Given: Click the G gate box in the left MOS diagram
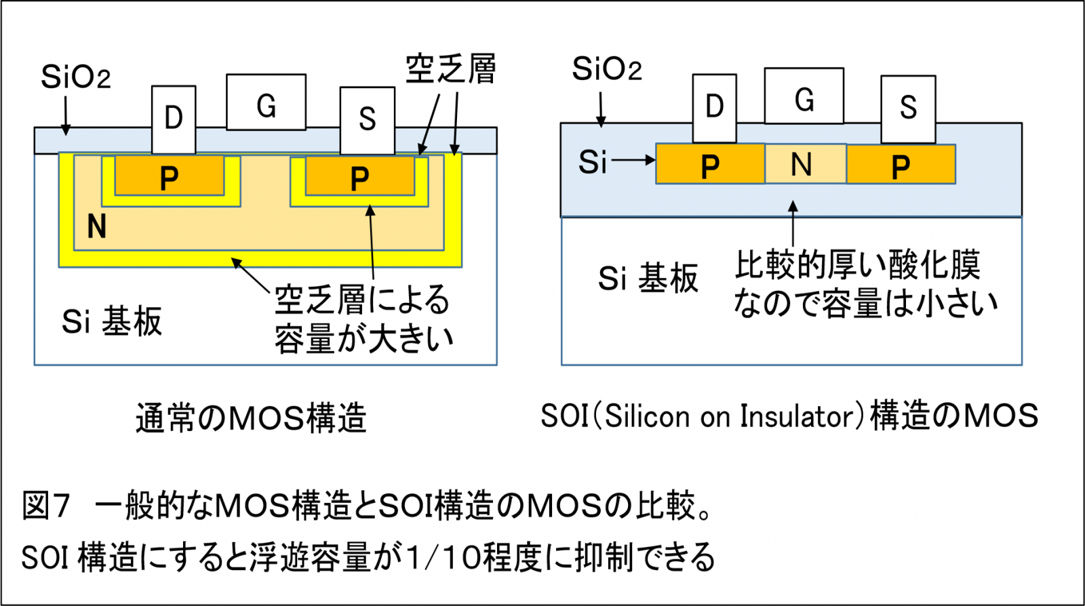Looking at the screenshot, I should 266,102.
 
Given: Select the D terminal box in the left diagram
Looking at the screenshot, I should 174,119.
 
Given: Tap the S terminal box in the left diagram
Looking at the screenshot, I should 367,121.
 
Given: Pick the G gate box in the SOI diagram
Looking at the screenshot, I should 804,96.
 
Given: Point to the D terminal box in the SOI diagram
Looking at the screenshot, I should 714,108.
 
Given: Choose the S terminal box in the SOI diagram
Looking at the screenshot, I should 908,108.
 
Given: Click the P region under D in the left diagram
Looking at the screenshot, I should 169,176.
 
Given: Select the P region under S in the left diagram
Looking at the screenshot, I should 359,176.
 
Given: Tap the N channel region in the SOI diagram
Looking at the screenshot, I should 805,164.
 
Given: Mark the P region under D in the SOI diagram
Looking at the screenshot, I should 710,165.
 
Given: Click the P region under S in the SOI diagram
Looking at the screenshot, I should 901,165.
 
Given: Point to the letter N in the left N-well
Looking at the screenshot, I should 97,226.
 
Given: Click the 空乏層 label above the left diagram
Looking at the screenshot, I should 451,69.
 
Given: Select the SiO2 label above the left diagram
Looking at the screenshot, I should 75,77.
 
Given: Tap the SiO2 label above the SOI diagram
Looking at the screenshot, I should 606,69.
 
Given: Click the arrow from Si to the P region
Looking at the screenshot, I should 633,161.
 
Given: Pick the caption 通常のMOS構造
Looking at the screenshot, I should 251,418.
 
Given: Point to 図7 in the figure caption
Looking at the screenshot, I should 45,506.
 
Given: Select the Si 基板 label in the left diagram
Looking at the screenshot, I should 112,321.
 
